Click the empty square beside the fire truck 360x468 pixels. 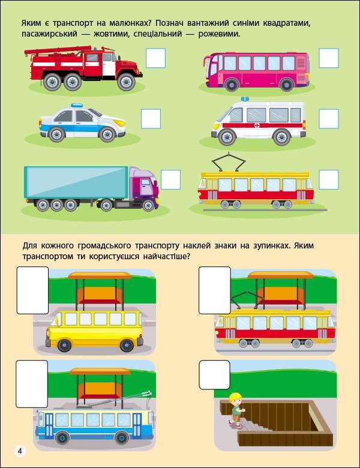point(155,58)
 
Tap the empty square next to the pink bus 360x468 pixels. point(329,58)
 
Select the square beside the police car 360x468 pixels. point(151,119)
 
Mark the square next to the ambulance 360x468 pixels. point(329,119)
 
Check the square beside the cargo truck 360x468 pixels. point(171,179)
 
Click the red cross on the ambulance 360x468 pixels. point(257,125)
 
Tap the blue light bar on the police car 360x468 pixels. point(77,106)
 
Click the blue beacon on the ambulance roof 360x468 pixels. point(245,99)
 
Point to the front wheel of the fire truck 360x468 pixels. point(126,82)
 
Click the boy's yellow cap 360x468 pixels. point(235,397)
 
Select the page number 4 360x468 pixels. point(20,451)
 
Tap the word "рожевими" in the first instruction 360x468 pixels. point(219,34)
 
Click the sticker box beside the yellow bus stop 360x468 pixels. point(32,290)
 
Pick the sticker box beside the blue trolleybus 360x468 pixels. point(32,384)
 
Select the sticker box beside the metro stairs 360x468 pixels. point(215,374)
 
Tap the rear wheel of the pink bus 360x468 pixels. point(287,85)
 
